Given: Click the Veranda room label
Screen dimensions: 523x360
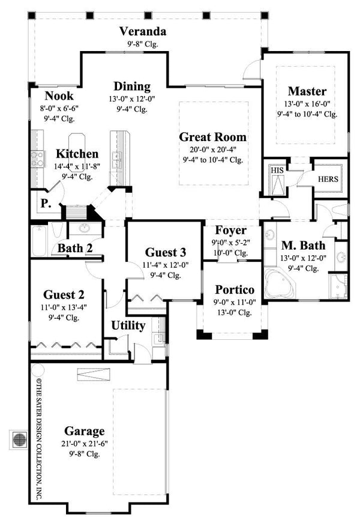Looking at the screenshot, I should [x=142, y=31].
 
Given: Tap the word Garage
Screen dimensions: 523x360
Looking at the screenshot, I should [x=85, y=431].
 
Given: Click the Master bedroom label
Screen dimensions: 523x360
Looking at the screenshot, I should [x=307, y=91].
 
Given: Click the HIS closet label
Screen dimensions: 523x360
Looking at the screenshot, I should [x=277, y=170].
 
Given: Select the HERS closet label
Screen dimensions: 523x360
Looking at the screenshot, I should [x=328, y=179].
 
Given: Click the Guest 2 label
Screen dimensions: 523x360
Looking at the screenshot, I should [x=63, y=295].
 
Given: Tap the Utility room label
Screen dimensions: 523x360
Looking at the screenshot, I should [x=128, y=326].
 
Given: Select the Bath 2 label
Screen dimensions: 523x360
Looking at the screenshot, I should [x=74, y=248].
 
